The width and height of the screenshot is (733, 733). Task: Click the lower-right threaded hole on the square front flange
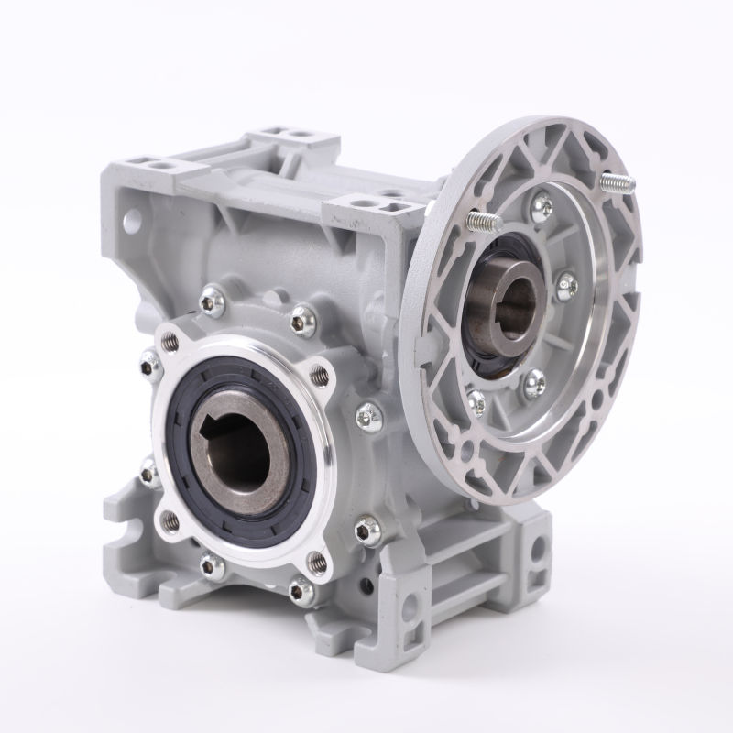tap(317, 558)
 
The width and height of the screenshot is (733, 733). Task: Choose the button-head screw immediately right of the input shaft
tap(567, 283)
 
